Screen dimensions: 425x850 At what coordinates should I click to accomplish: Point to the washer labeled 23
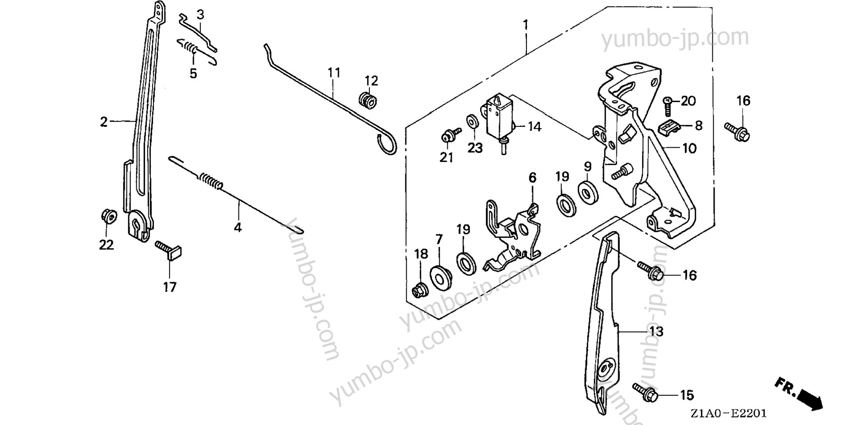tap(472, 121)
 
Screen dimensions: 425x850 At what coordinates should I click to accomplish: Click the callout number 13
tap(657, 332)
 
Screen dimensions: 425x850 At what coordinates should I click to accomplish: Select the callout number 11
tap(335, 73)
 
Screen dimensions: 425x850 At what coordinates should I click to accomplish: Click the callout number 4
tap(238, 228)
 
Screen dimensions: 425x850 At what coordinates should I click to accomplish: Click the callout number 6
tap(532, 178)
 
